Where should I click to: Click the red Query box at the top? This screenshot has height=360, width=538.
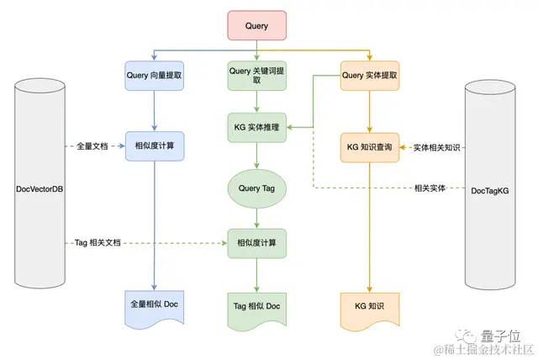pyautogui.click(x=256, y=26)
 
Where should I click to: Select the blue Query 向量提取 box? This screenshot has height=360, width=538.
pyautogui.click(x=155, y=76)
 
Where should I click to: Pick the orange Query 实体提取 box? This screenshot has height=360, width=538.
pyautogui.click(x=370, y=76)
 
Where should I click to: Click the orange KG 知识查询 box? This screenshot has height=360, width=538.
pyautogui.click(x=370, y=147)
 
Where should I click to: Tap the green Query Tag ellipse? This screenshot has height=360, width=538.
pyautogui.click(x=256, y=189)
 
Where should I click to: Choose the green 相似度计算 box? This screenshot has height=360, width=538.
pyautogui.click(x=256, y=243)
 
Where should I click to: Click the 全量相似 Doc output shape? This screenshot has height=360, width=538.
pyautogui.click(x=155, y=304)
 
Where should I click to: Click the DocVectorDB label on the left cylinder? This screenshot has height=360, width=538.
pyautogui.click(x=40, y=188)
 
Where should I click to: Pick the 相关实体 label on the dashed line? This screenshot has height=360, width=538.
pyautogui.click(x=430, y=188)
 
